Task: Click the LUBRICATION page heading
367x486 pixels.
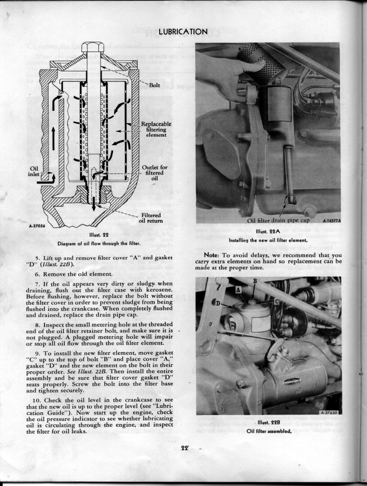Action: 183,31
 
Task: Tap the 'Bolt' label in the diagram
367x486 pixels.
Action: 154,85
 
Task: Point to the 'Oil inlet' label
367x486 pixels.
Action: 33,172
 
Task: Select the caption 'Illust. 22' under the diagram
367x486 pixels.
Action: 99,235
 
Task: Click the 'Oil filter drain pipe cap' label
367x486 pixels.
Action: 278,221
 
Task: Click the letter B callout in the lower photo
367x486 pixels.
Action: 255,281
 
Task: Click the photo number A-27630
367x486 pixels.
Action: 329,411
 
